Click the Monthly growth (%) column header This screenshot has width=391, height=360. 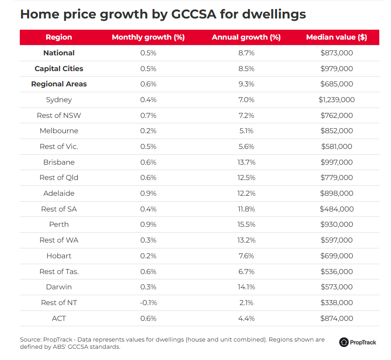tap(148, 37)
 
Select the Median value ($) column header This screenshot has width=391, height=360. tap(336, 37)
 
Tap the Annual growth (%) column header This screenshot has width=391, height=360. tap(246, 37)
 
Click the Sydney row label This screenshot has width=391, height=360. tap(59, 99)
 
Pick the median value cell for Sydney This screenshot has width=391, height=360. tap(337, 99)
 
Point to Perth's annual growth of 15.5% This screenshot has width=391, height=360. tap(246, 224)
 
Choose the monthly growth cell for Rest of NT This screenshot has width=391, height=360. tap(148, 302)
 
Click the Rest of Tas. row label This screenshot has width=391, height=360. tap(59, 271)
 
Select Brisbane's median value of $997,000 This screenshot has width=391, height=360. tap(337, 162)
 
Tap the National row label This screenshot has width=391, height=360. tap(59, 53)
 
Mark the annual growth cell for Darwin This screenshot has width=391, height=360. tap(246, 287)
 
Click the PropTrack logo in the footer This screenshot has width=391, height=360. tap(358, 342)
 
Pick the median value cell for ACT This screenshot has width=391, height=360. tap(337, 318)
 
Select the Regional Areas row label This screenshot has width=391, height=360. tap(59, 84)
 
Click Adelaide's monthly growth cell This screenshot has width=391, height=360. tap(148, 193)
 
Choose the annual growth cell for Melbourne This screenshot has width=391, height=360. tap(246, 130)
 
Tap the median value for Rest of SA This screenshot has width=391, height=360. tap(337, 209)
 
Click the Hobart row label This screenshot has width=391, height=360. tap(59, 256)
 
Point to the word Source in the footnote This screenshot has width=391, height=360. tap(30, 339)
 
